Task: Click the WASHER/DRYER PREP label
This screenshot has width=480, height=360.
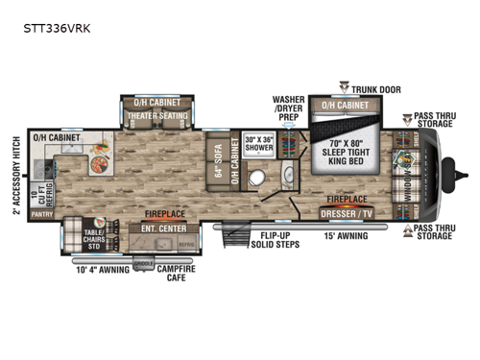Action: (x=288, y=108)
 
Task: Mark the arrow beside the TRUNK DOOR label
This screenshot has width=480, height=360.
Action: (x=344, y=87)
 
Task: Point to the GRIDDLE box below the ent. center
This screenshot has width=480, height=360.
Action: (x=144, y=260)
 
